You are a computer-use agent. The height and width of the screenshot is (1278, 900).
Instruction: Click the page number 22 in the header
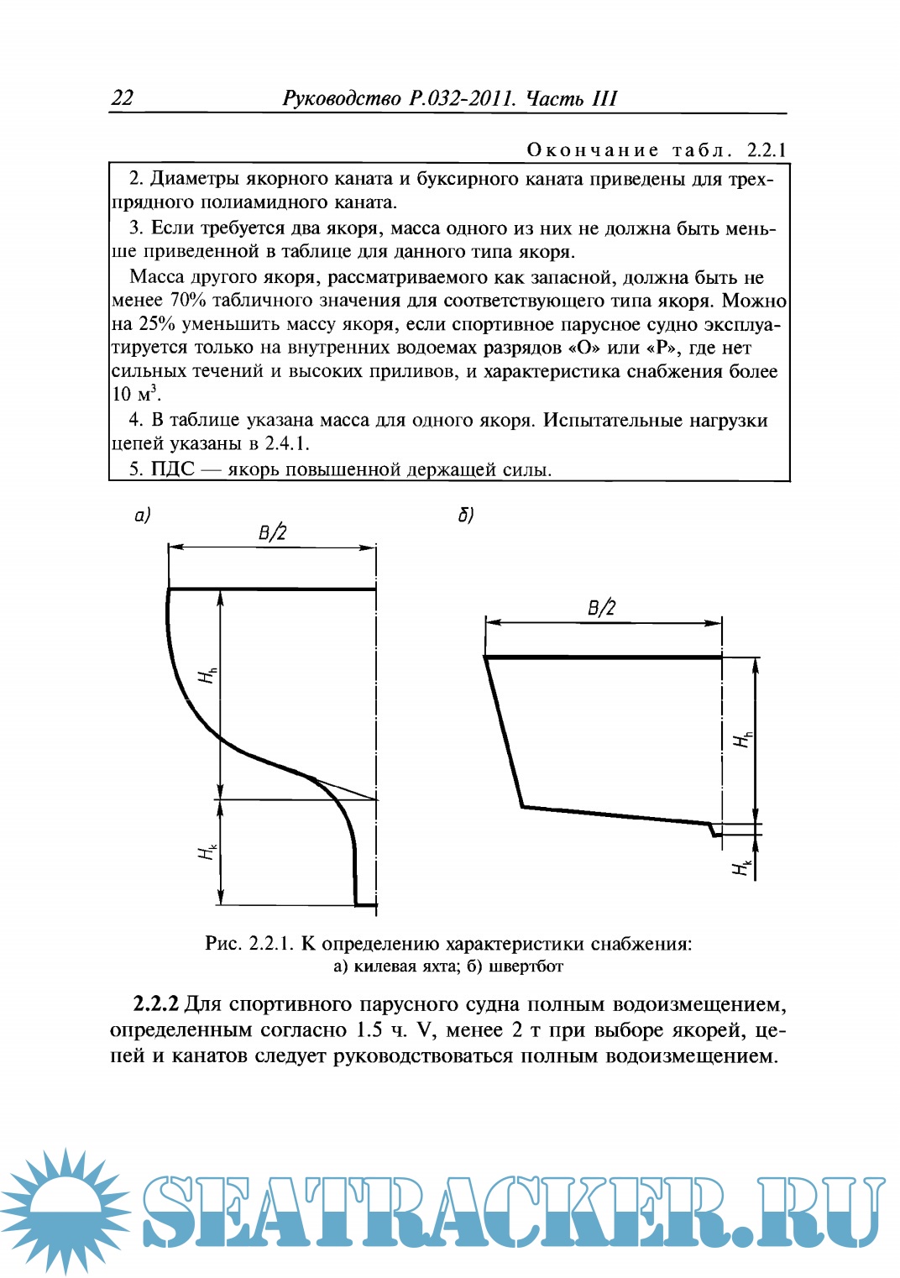tap(123, 98)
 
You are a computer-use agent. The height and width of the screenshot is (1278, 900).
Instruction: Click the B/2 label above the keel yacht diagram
tap(272, 532)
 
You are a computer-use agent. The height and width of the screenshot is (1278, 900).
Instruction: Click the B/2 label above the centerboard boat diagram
tap(601, 608)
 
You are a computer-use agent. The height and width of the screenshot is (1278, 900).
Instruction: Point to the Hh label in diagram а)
tap(207, 674)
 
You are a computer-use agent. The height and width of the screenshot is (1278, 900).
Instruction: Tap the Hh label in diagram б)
tap(743, 739)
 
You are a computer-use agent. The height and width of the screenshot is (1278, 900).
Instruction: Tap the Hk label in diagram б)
tap(741, 867)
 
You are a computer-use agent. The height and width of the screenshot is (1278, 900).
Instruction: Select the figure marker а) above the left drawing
tap(143, 515)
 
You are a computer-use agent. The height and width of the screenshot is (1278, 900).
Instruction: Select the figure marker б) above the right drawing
tap(466, 515)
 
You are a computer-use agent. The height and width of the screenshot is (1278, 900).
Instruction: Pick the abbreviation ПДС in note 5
tap(173, 469)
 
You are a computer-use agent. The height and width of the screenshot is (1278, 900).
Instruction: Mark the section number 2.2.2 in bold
tap(156, 1004)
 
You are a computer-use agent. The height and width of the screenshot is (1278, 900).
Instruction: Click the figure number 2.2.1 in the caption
tap(270, 944)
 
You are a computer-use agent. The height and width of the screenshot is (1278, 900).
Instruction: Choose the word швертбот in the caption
tap(526, 966)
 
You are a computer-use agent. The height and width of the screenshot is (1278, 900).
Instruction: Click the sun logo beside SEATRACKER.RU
tap(65, 1211)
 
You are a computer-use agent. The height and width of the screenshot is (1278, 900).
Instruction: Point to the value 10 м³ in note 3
tap(135, 394)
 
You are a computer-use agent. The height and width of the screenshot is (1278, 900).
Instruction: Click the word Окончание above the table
tap(593, 150)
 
